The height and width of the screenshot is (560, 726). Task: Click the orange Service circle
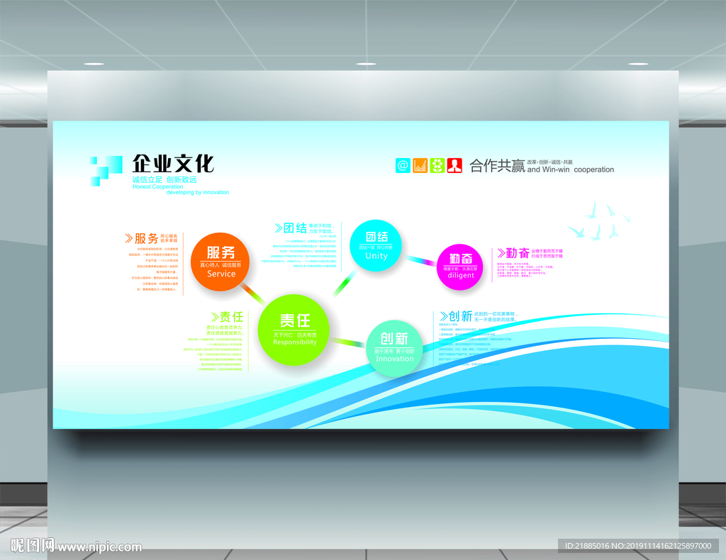coord(221,261)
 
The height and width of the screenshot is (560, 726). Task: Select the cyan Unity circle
coord(376,245)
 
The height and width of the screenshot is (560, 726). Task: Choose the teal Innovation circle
coord(394,347)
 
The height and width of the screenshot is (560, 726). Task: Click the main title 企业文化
coord(173,164)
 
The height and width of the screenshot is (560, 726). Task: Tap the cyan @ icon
coord(403,166)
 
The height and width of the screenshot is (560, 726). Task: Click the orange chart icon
coord(420,166)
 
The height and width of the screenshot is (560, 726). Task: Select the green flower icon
coord(437,166)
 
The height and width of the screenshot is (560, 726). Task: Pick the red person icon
coord(454,166)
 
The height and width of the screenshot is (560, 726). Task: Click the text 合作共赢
coord(497,167)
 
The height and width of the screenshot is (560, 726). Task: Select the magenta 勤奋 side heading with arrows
coord(513,252)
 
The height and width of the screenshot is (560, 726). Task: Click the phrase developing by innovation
coord(198,192)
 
